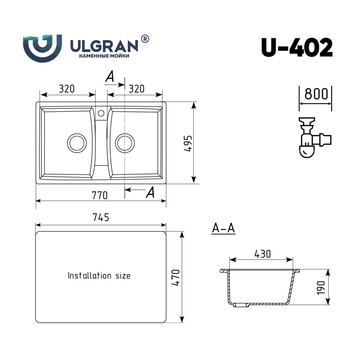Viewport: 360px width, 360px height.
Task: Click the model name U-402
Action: [x=297, y=47]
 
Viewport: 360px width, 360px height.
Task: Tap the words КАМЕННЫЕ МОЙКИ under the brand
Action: [x=104, y=56]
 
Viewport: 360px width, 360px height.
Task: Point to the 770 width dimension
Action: [x=99, y=195]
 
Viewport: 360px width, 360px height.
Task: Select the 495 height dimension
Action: [x=188, y=143]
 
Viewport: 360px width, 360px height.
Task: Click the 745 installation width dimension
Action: [x=101, y=217]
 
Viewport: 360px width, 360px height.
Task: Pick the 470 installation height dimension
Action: [x=176, y=278]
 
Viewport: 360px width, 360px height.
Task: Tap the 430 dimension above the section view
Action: [x=263, y=254]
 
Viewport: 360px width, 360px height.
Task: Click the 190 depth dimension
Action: [x=321, y=288]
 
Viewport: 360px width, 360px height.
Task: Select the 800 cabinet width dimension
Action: [x=316, y=94]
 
